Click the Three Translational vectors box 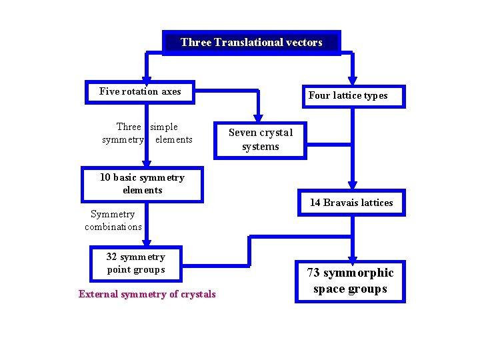tap(251, 43)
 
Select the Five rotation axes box tap(140, 92)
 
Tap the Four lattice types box tap(347, 96)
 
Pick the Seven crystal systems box tap(260, 140)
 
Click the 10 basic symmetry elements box tap(142, 184)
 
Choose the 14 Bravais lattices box tap(351, 203)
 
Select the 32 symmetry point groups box tap(135, 263)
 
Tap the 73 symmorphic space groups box tap(350, 281)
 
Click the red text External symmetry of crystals tap(147, 294)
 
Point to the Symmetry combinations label tap(113, 221)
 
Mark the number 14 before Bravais tap(315, 203)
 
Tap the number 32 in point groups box tap(112, 257)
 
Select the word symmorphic tap(359, 273)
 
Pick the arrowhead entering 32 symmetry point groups tap(147, 243)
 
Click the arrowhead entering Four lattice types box tap(353, 82)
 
